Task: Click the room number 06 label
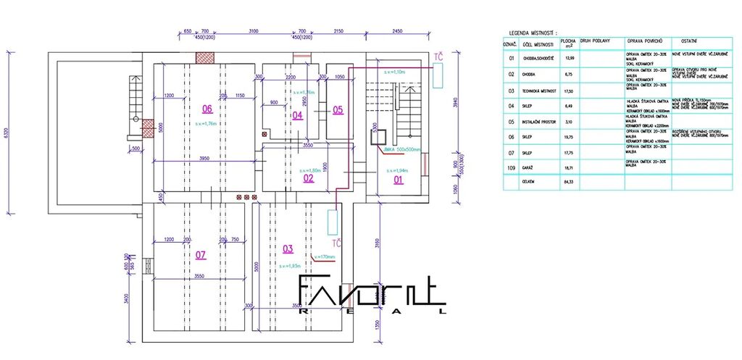207,109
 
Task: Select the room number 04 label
297,115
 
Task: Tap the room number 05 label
338,110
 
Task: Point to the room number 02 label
308,177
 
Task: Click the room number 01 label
398,180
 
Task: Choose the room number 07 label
201,254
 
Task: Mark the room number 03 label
288,248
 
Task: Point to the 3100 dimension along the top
253,31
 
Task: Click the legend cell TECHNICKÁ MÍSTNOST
538,91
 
